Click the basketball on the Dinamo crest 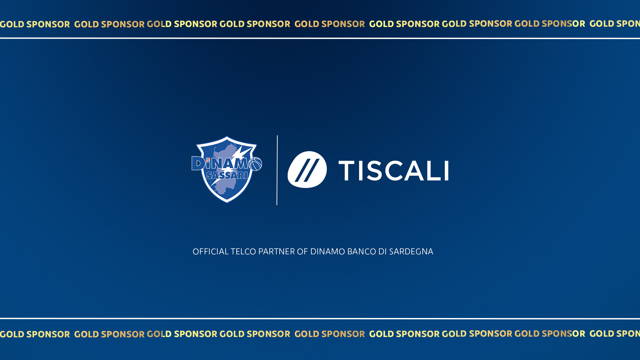click(255, 164)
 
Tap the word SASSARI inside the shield click(227, 175)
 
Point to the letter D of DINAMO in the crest click(198, 163)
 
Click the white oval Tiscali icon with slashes click(307, 169)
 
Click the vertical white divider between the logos click(277, 170)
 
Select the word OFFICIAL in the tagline click(211, 252)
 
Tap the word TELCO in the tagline click(243, 252)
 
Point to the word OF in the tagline click(302, 252)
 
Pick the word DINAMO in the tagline click(328, 252)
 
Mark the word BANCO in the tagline click(362, 252)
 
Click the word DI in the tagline click(382, 252)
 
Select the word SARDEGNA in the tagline click(411, 252)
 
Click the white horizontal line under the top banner click(320, 38)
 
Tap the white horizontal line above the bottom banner click(320, 318)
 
